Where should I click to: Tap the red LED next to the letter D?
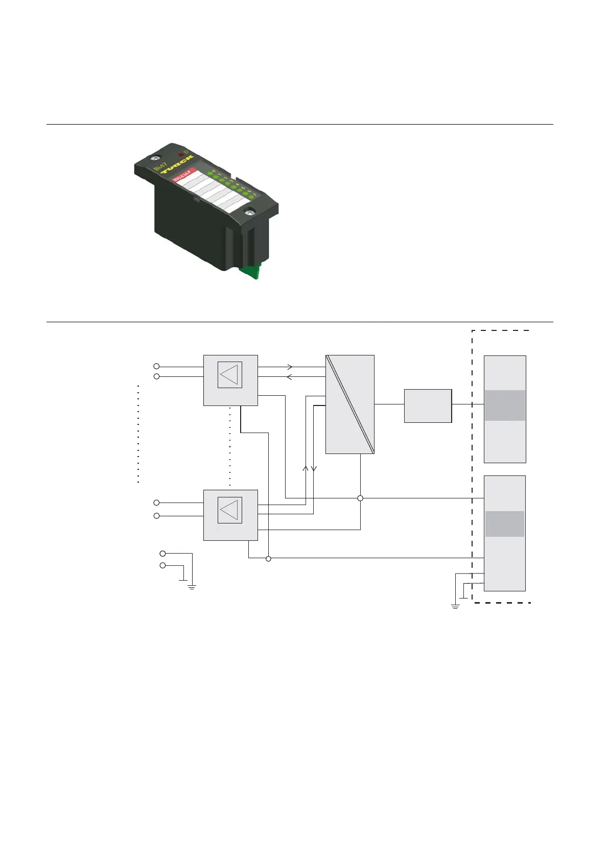(x=181, y=154)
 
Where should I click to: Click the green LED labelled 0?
(x=210, y=174)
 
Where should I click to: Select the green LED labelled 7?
(x=251, y=198)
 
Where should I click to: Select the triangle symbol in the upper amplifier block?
(x=229, y=375)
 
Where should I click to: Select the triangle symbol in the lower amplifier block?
(x=229, y=510)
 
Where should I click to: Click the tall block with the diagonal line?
(x=350, y=404)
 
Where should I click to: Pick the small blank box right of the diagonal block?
(x=428, y=405)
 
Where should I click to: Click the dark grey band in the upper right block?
(x=505, y=405)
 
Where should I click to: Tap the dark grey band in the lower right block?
(x=505, y=524)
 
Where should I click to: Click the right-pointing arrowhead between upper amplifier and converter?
(x=290, y=367)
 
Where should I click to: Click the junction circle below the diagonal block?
(x=360, y=498)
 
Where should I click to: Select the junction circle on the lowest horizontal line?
(x=269, y=559)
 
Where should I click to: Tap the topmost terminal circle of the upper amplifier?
(x=157, y=366)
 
